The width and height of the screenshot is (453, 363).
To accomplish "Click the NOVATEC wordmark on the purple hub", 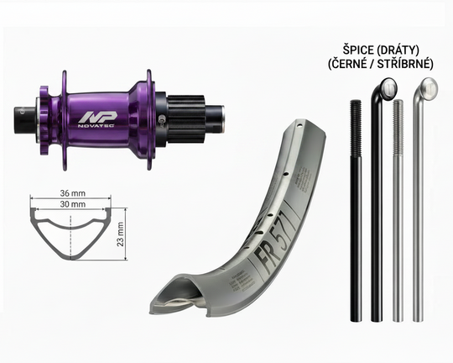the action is click(x=96, y=126).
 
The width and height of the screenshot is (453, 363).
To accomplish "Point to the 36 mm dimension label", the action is click(x=73, y=193).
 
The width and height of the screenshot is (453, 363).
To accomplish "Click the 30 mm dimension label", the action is click(x=73, y=204).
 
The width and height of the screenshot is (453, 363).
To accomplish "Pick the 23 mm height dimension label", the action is click(x=120, y=234).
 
